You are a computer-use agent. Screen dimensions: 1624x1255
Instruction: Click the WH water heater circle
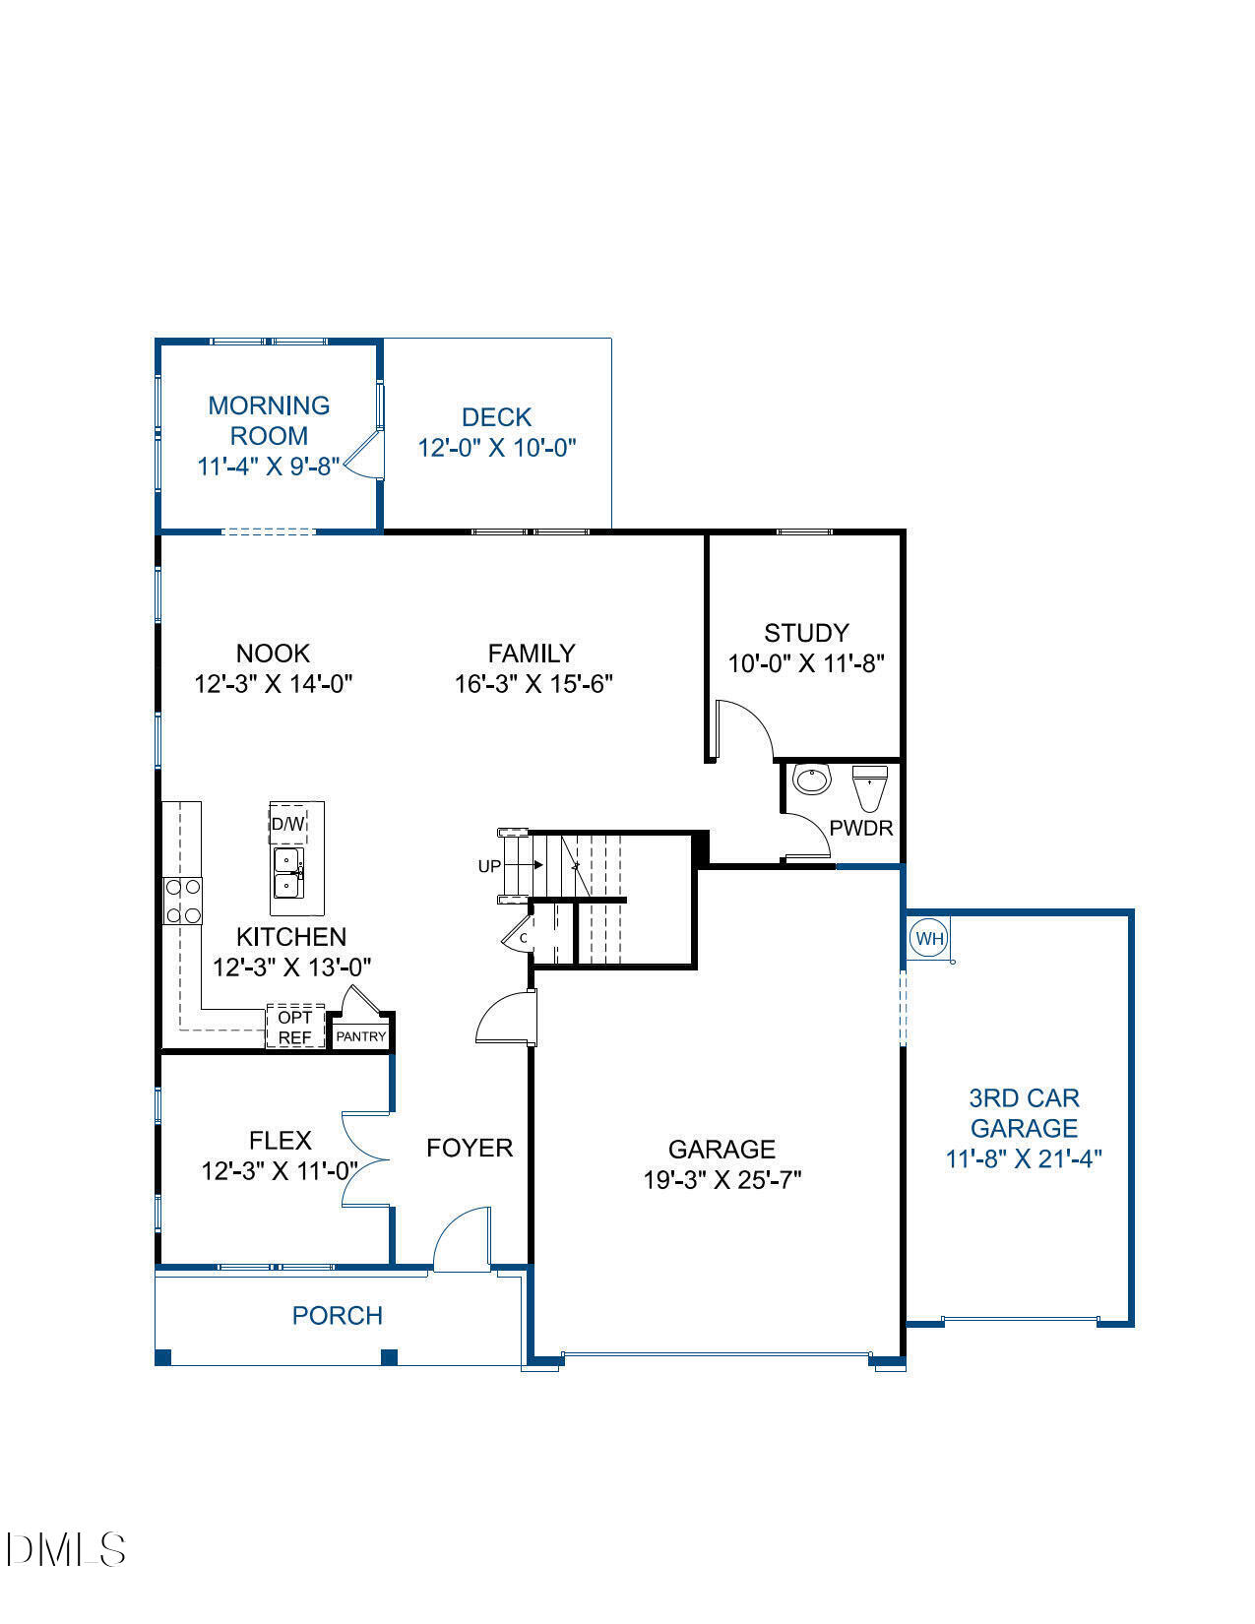coord(929,938)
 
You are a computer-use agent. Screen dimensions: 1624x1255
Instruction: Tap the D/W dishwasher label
coord(287,824)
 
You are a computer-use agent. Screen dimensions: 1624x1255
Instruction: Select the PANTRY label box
coord(361,1036)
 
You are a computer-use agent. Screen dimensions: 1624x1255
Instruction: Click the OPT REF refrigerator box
coord(295,1027)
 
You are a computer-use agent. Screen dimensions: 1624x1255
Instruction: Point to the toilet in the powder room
coord(869,786)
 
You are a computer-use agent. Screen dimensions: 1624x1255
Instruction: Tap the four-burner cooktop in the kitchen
coord(183,901)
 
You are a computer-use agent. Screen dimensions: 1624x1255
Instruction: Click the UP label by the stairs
coord(489,866)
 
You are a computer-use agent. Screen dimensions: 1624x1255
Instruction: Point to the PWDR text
coord(860,828)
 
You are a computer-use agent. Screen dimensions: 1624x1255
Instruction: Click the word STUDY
coord(806,633)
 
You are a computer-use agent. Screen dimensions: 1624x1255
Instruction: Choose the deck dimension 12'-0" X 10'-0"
coord(496,448)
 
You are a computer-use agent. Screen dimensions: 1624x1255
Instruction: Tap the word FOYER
coord(470,1148)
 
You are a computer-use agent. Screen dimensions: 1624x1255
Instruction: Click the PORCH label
coord(337,1315)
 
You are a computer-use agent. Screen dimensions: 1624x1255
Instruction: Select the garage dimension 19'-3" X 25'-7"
coord(722,1179)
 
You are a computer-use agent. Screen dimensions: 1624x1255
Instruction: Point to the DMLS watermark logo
coord(64,1549)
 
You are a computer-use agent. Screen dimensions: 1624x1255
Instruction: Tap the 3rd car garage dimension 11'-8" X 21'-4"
coord(1023,1158)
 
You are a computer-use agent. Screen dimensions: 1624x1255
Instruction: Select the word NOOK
coord(273,654)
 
